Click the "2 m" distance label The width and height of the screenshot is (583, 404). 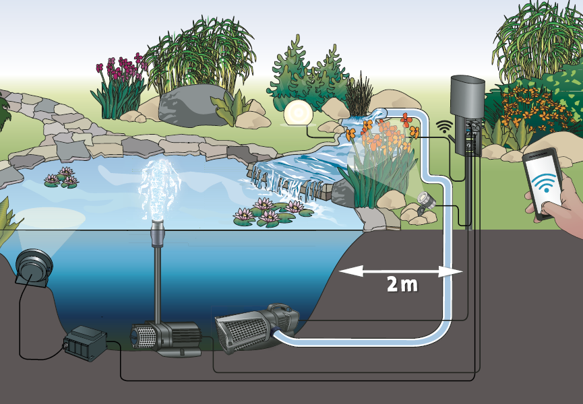[x=402, y=284]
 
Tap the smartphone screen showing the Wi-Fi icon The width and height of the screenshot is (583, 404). [x=543, y=182]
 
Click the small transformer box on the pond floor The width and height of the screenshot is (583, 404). [x=85, y=341]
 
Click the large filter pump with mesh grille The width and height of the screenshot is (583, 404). [x=257, y=328]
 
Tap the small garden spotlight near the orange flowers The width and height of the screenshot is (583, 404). [x=426, y=200]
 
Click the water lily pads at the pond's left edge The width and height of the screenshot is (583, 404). [x=61, y=178]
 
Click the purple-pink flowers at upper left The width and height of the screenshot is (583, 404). [x=121, y=71]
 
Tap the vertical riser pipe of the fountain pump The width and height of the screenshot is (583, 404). [x=159, y=283]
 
